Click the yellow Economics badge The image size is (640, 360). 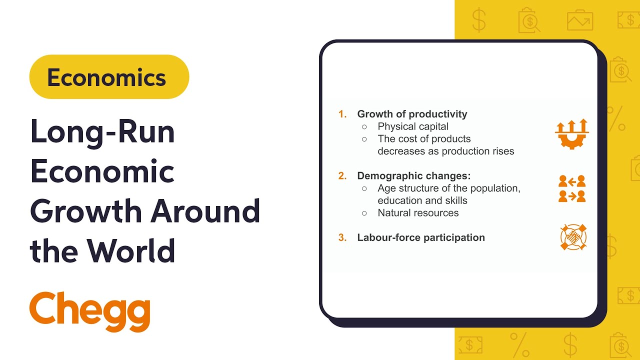point(109,77)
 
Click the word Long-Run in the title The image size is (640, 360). point(102,132)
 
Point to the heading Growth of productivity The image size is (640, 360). point(412,114)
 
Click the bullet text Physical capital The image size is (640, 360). point(413,126)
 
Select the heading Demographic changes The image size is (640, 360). point(414,176)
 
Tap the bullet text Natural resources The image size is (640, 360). point(418,213)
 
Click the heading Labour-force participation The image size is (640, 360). point(421,237)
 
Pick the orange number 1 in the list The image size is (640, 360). point(342,114)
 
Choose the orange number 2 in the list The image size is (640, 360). point(342,176)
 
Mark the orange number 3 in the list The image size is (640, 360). point(342,237)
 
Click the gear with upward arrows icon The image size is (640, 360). point(572,133)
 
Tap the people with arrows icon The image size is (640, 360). point(572,189)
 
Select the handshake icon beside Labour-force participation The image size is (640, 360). point(573,237)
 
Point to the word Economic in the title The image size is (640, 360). point(102,171)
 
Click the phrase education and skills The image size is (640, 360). point(422,200)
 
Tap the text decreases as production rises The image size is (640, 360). point(445,151)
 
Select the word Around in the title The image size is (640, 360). point(205,211)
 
